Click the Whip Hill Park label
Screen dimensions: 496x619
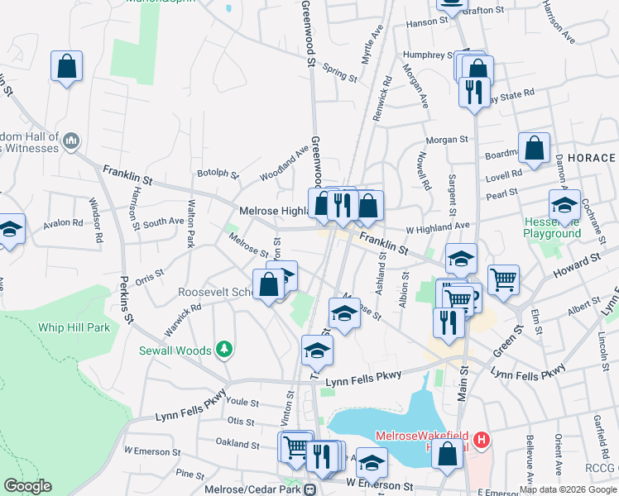point(74,327)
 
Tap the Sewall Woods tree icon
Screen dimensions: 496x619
point(223,351)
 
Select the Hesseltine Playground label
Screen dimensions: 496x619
point(552,228)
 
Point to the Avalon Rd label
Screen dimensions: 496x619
point(64,222)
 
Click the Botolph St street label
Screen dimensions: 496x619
point(218,174)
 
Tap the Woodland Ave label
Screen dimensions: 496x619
point(284,164)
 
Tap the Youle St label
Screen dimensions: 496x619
point(242,403)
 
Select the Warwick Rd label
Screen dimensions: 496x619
point(183,321)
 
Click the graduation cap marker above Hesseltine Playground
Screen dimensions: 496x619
point(565,205)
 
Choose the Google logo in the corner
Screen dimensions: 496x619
point(27,486)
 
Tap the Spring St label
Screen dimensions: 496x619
point(339,74)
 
